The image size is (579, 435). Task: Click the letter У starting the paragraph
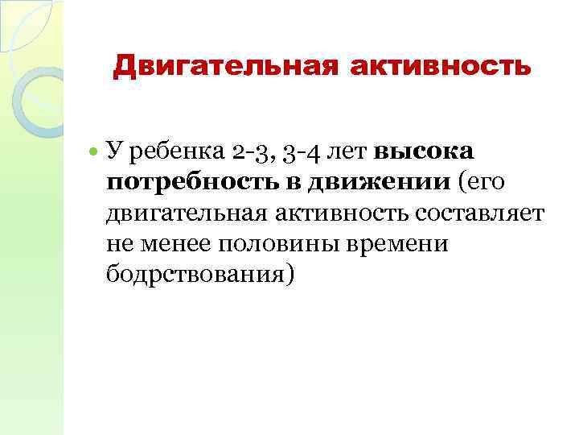click(x=114, y=151)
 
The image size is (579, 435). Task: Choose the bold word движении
click(x=376, y=182)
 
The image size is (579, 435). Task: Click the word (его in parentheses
click(x=483, y=183)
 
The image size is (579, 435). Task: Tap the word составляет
click(x=481, y=213)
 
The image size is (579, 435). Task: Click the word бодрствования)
click(x=200, y=275)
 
